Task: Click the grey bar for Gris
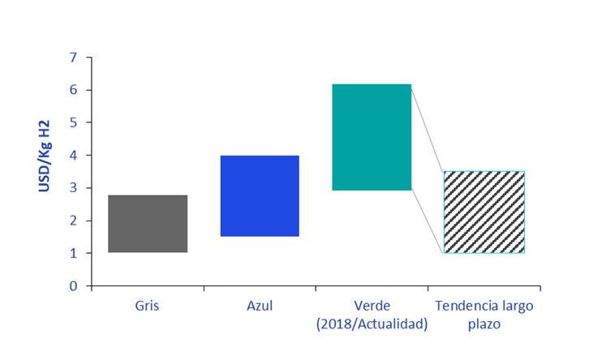tap(148, 224)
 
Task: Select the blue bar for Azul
tap(260, 195)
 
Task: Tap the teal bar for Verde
tap(372, 137)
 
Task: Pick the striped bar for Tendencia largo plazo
tap(484, 212)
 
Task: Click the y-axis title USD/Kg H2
tap(45, 156)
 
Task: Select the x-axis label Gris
tap(148, 306)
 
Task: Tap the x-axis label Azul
tap(260, 306)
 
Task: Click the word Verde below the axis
tap(372, 306)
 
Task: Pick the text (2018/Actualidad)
tap(372, 324)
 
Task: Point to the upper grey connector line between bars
tap(428, 128)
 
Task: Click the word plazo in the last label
tap(484, 324)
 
